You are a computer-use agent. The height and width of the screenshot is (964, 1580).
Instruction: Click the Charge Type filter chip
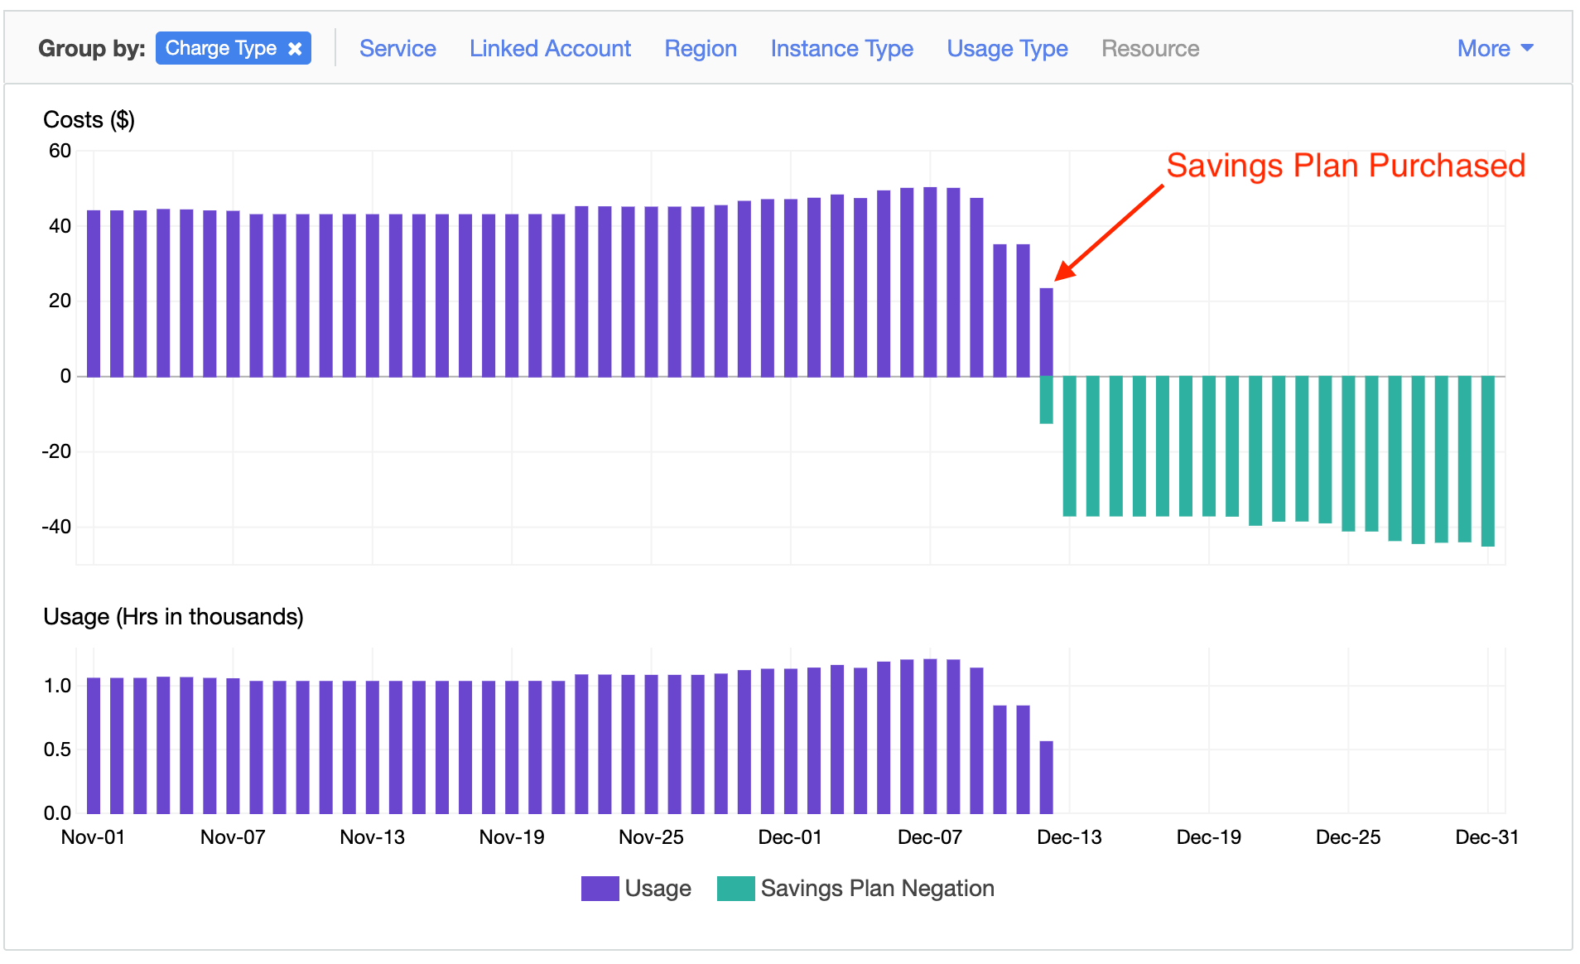(220, 48)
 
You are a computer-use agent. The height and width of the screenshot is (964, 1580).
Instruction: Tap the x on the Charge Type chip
(295, 49)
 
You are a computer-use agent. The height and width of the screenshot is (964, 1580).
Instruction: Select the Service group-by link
(397, 49)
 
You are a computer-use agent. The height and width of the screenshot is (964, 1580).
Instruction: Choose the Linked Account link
(550, 49)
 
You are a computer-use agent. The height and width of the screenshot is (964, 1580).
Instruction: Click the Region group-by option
(701, 49)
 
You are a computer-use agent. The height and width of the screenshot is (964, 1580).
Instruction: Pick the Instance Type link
(841, 49)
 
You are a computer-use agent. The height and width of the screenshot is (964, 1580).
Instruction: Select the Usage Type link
(1007, 49)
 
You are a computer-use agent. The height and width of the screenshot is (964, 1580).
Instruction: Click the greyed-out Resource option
(1149, 49)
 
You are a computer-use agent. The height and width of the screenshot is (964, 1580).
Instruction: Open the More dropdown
(1495, 49)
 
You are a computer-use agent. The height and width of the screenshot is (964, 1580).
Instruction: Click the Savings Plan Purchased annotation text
(1345, 166)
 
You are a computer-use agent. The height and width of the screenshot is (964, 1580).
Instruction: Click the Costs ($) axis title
(89, 120)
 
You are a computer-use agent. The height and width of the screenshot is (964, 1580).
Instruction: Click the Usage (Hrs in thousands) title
(173, 617)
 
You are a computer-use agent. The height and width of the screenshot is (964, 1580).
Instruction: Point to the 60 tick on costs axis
(60, 151)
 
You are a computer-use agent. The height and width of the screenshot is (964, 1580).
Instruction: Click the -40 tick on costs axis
(56, 527)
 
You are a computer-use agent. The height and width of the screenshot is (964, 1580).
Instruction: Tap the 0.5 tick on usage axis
(57, 750)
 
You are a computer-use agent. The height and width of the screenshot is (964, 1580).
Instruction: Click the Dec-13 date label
(1069, 837)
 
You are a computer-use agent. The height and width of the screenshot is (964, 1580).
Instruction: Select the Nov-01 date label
(93, 837)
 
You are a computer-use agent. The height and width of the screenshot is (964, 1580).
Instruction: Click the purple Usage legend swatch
(600, 889)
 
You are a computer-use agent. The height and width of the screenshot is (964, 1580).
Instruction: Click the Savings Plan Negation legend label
(877, 889)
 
